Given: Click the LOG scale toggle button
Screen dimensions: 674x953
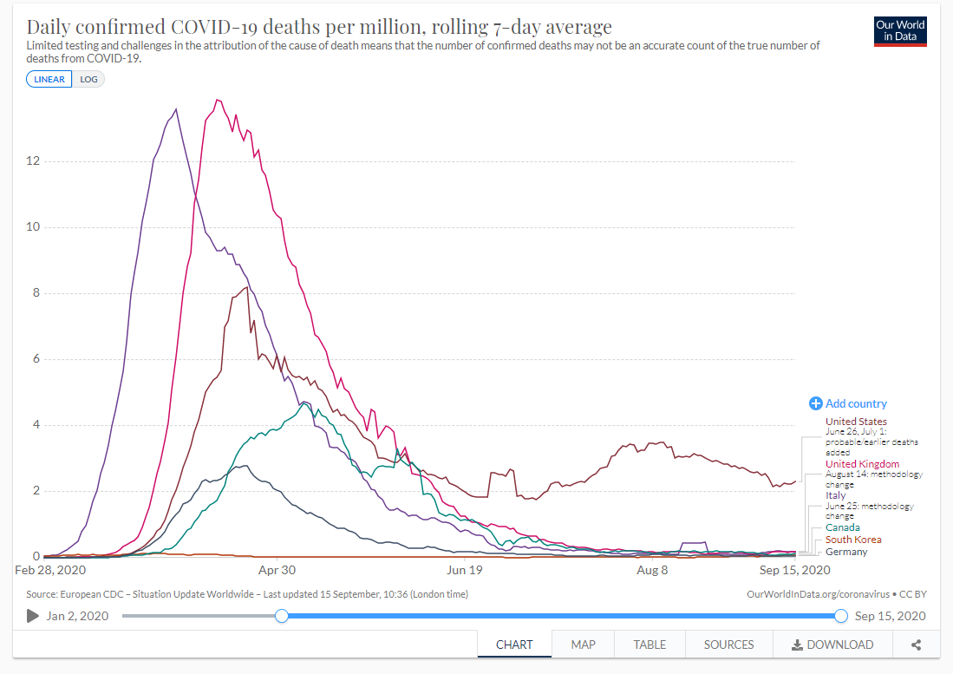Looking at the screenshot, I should pyautogui.click(x=89, y=79).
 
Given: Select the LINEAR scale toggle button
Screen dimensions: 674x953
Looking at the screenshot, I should pyautogui.click(x=49, y=79).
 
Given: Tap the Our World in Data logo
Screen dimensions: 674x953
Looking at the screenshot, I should pyautogui.click(x=901, y=31).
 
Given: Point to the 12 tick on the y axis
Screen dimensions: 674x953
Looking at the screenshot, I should pyautogui.click(x=32, y=161).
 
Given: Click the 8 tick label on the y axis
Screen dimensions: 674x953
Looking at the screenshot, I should pyautogui.click(x=35, y=293).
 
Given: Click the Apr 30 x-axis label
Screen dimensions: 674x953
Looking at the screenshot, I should pyautogui.click(x=277, y=570).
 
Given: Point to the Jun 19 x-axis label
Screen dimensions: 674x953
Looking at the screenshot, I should pyautogui.click(x=465, y=570).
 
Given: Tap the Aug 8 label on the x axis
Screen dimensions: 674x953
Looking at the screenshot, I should pyautogui.click(x=652, y=570).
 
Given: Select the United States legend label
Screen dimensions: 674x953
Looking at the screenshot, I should pyautogui.click(x=856, y=422).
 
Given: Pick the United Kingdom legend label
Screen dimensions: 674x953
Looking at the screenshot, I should pyautogui.click(x=862, y=464).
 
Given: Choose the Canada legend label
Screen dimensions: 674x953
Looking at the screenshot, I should pyautogui.click(x=843, y=527).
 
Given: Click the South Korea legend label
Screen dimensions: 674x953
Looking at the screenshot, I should pyautogui.click(x=853, y=540).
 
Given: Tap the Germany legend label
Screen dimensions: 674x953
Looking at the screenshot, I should pyautogui.click(x=846, y=552).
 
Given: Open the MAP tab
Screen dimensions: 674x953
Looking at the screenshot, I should pyautogui.click(x=583, y=645).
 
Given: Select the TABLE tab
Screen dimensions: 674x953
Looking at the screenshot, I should pyautogui.click(x=649, y=645).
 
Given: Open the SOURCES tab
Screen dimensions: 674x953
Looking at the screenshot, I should pyautogui.click(x=728, y=645).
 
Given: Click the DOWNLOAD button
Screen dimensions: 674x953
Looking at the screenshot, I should pyautogui.click(x=832, y=645).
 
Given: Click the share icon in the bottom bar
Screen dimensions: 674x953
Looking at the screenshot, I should pyautogui.click(x=916, y=645).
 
